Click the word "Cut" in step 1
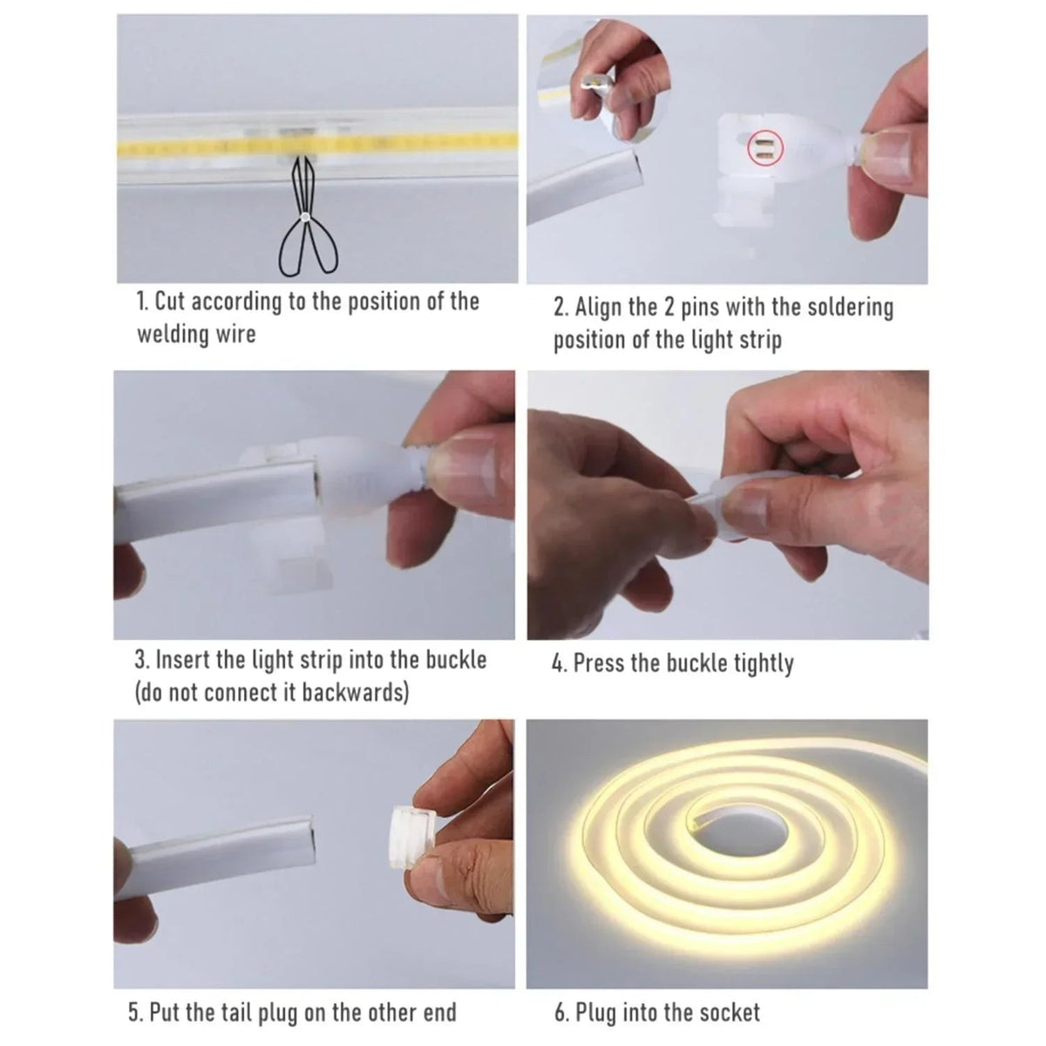click(172, 302)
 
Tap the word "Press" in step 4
click(600, 663)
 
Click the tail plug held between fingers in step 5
click(413, 837)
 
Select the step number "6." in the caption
click(562, 1012)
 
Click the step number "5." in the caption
click(135, 1012)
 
